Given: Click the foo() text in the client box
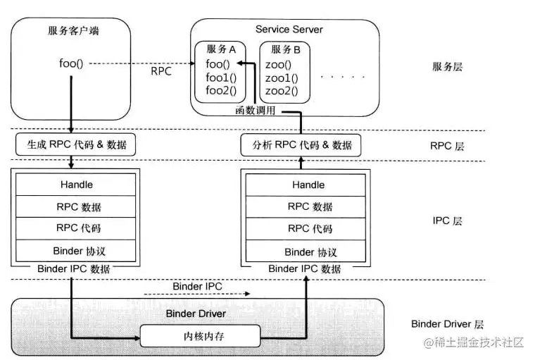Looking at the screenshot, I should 71,63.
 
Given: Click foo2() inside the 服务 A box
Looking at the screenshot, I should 221,90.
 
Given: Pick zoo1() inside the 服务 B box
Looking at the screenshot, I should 282,77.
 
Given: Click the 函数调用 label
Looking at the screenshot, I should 256,110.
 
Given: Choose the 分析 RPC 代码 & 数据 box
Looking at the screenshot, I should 301,145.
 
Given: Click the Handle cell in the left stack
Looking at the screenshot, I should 73,185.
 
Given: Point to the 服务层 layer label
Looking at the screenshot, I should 447,68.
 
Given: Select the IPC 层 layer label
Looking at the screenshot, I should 447,221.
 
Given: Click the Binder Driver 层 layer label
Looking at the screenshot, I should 448,324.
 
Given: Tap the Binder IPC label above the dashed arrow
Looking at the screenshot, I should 197,286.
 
